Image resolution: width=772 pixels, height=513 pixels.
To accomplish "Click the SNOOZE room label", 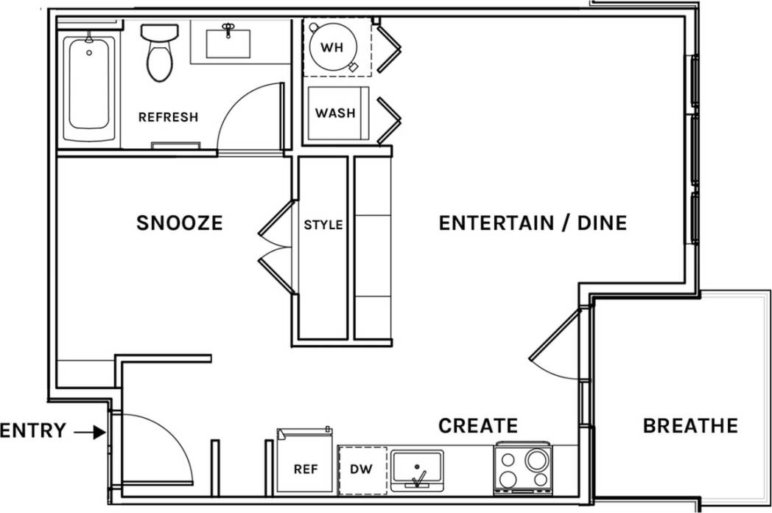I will (x=179, y=223).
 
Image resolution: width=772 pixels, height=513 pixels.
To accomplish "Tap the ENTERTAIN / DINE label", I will (x=532, y=223).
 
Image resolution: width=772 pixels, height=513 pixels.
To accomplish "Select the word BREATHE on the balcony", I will (x=689, y=426).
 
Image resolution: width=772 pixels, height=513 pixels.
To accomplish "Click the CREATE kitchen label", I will (x=478, y=426).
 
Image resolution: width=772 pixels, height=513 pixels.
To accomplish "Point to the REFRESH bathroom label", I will (x=168, y=117).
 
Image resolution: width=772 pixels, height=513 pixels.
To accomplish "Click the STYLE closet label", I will (x=323, y=225).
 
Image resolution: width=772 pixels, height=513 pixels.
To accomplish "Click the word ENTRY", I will (x=34, y=431).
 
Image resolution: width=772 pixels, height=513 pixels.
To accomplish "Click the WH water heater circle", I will (x=333, y=48).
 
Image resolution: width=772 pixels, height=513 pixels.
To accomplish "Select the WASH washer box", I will (x=334, y=114).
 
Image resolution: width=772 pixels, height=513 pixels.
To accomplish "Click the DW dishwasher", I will (x=362, y=470).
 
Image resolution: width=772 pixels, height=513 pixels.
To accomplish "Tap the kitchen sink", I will (x=417, y=470).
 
